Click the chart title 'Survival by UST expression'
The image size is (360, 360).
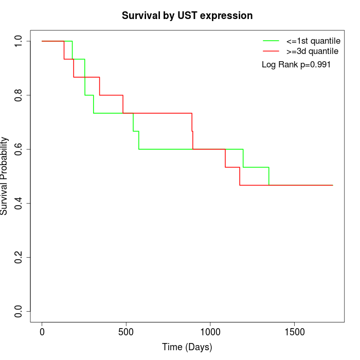(187, 16)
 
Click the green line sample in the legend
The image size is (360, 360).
(271, 40)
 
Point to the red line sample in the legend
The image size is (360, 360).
(271, 51)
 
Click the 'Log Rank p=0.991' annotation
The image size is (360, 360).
(296, 65)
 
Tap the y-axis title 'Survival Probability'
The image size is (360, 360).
(5, 176)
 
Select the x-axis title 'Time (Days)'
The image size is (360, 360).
(187, 347)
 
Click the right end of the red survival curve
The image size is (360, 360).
(332, 185)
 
